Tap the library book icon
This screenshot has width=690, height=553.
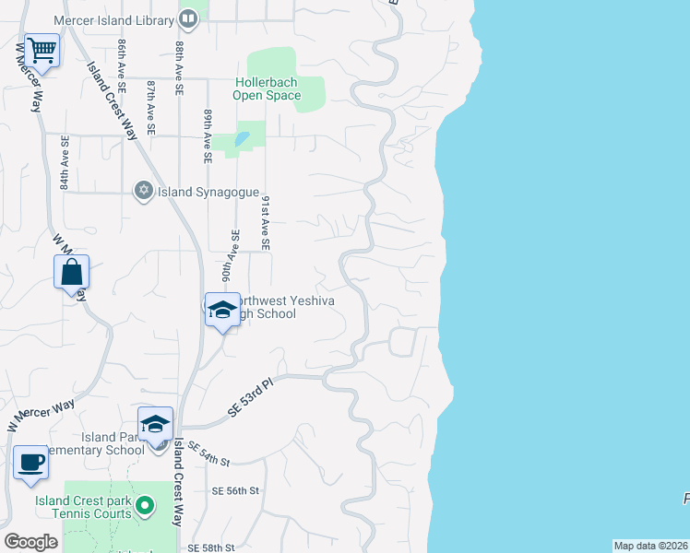188,18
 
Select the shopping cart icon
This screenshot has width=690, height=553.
42,49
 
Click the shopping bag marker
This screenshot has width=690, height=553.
72,272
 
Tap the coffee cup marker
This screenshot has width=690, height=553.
31,461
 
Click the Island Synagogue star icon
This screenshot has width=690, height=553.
143,192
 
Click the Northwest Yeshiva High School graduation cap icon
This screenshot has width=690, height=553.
221,310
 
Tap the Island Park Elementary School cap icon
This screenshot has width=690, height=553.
156,424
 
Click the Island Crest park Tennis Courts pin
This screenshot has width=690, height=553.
144,505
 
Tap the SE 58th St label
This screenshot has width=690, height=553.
208,547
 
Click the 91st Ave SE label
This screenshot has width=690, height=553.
265,223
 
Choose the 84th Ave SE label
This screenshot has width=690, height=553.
65,163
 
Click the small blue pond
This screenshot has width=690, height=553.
242,139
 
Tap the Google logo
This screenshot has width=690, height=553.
30,542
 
